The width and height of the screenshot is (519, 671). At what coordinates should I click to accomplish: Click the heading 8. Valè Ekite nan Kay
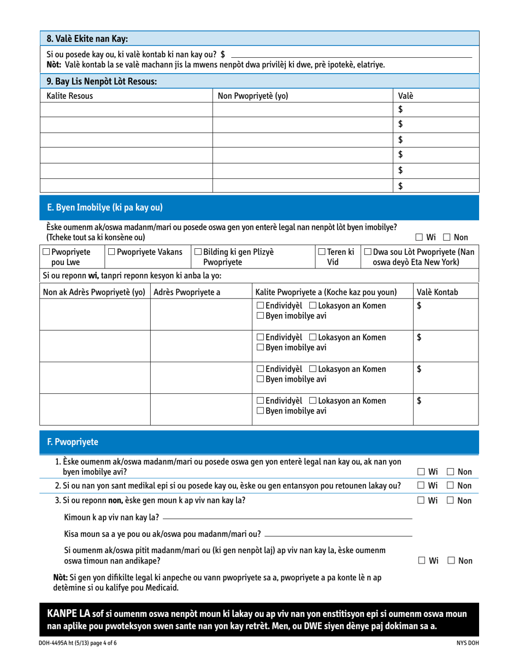pos(87,39)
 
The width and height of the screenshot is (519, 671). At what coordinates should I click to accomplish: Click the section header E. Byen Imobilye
pos(105,207)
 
